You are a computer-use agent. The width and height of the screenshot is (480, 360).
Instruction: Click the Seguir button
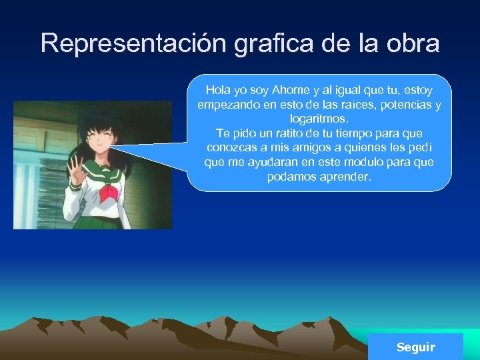click(415, 347)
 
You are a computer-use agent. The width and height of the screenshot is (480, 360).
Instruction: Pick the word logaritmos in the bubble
click(319, 119)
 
